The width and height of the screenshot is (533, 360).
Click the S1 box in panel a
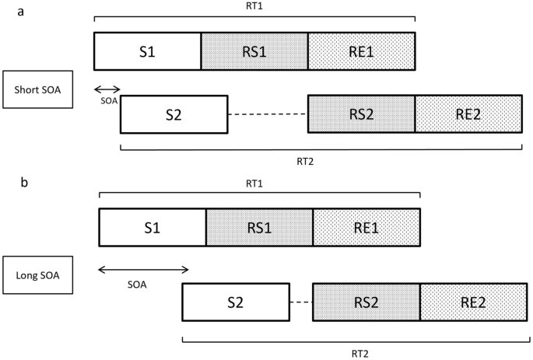tap(147, 52)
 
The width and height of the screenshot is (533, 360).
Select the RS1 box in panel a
tap(254, 52)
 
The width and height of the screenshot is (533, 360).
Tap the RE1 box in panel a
tap(362, 52)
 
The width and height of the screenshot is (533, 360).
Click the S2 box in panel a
tap(174, 114)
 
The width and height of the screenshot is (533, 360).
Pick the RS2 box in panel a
tap(361, 114)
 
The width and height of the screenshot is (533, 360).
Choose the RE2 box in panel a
tap(468, 114)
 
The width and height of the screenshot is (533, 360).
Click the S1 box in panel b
tap(153, 228)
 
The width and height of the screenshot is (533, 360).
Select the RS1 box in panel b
tap(259, 228)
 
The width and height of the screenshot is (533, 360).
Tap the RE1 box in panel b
tap(366, 228)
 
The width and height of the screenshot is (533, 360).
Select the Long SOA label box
tap(38, 275)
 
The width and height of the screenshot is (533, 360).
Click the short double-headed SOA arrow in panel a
tap(107, 89)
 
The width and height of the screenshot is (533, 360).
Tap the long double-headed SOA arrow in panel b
tap(144, 270)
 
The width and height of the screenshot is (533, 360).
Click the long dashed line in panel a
tap(268, 114)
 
